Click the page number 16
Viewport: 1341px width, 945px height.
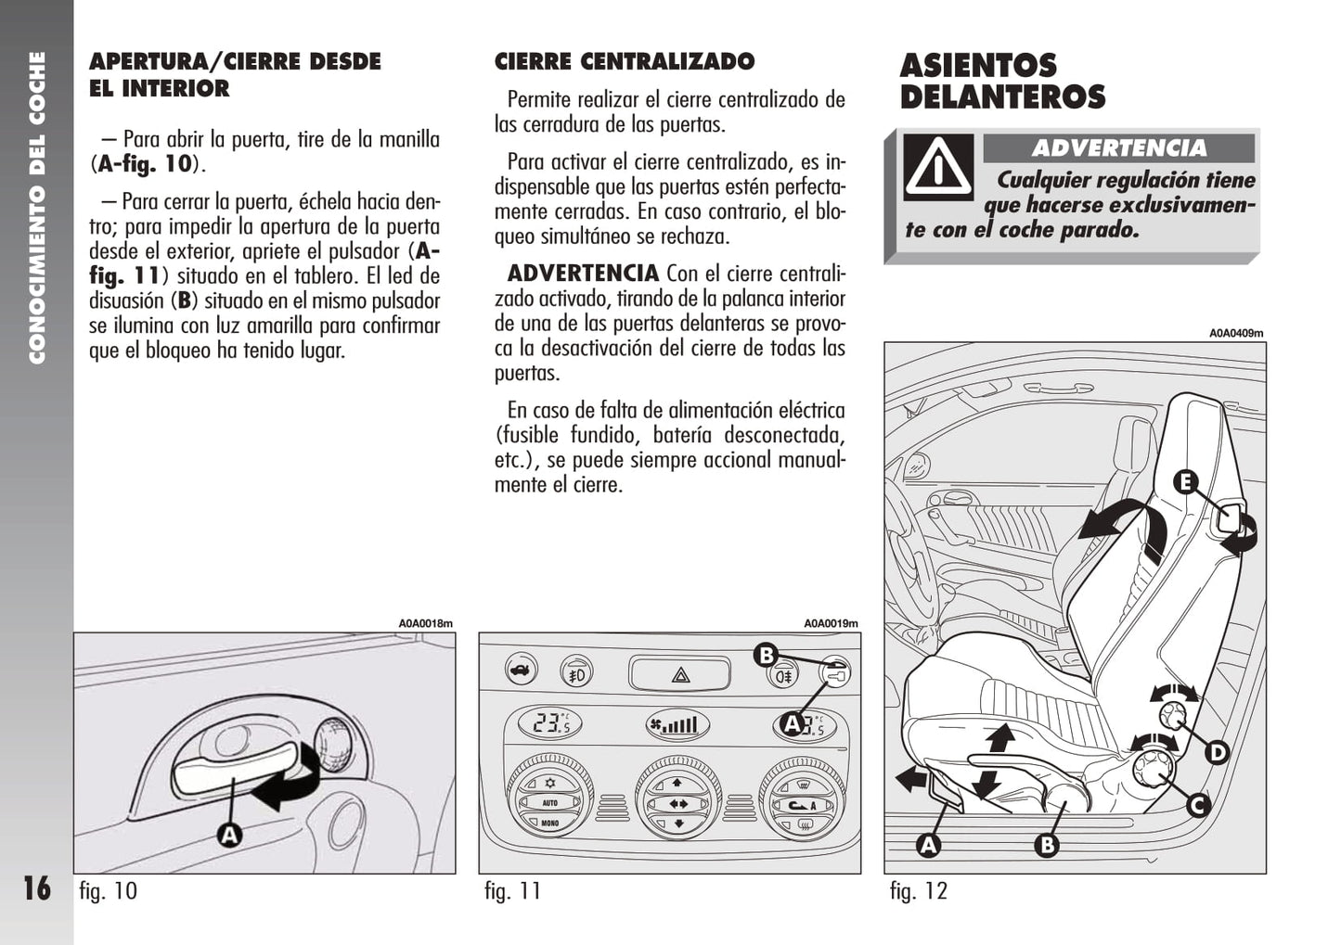(x=36, y=888)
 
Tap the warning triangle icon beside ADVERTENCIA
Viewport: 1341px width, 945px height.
(x=938, y=167)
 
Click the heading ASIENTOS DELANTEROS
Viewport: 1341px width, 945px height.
(x=1002, y=82)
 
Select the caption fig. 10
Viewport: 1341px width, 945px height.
(x=109, y=891)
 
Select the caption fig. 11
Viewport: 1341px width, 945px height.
(x=513, y=891)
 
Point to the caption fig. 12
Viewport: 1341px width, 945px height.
(x=919, y=891)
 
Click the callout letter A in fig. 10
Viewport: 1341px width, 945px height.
(x=229, y=835)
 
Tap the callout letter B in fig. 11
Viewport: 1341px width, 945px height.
(x=766, y=655)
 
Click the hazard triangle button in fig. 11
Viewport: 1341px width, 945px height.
(x=680, y=674)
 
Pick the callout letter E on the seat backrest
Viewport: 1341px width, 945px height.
(x=1185, y=482)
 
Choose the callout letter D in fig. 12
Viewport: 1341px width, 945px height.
(x=1218, y=753)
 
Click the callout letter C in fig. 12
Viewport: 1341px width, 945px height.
(x=1198, y=806)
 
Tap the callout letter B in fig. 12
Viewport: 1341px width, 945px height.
(x=1047, y=845)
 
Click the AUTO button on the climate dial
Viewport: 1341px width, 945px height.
(x=549, y=803)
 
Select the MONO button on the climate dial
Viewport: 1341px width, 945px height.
(x=549, y=823)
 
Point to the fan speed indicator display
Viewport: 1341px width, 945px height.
(x=677, y=725)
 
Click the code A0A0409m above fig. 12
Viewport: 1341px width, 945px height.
(x=1236, y=333)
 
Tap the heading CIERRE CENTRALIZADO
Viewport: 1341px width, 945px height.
(x=625, y=61)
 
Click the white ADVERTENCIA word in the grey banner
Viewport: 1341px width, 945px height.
(x=1119, y=148)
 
